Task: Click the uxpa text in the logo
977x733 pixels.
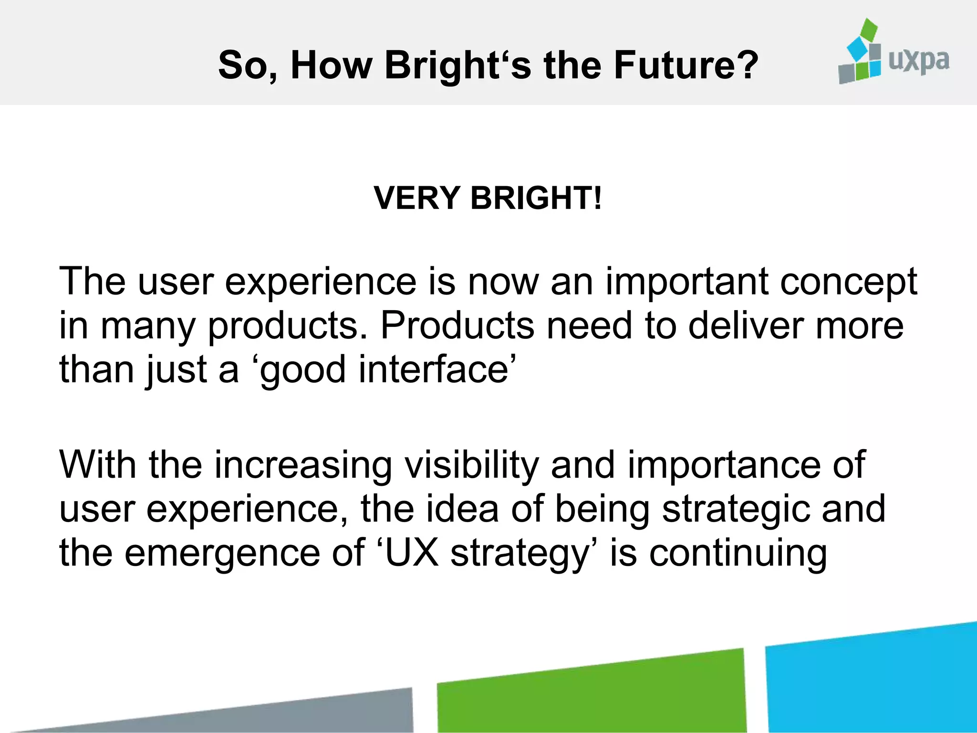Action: [x=919, y=61]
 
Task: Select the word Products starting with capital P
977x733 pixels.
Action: [x=457, y=325]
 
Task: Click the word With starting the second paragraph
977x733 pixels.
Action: [x=97, y=465]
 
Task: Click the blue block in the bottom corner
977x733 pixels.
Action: [x=873, y=680]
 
